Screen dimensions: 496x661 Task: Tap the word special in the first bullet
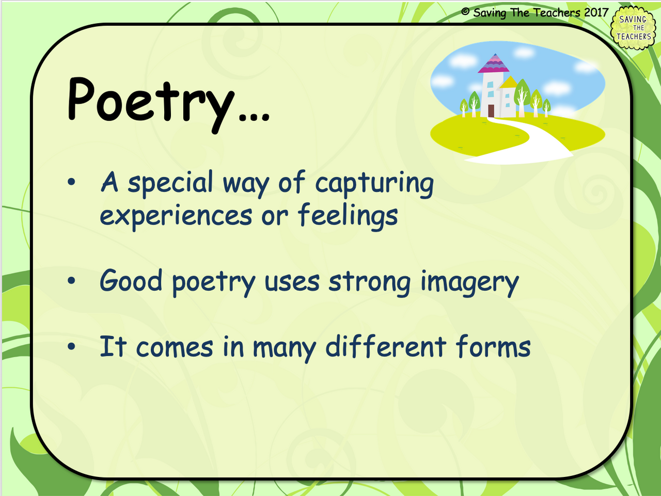[x=170, y=183]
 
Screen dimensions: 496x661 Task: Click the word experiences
[x=176, y=216]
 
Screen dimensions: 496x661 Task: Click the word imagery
[x=469, y=283]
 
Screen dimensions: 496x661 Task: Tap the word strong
[x=369, y=283]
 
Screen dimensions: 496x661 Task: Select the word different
[x=385, y=347]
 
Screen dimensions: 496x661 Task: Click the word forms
[x=493, y=347]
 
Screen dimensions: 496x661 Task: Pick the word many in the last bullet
[x=284, y=348]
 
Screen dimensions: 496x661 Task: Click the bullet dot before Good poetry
[x=72, y=281]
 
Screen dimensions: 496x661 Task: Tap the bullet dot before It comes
[x=72, y=347]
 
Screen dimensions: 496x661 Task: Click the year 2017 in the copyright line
[x=596, y=12]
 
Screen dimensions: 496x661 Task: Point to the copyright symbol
[x=465, y=12]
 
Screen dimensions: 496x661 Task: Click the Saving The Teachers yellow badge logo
[x=634, y=28]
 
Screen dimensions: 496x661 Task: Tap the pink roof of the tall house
[x=494, y=65]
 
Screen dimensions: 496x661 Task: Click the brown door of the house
[x=491, y=110]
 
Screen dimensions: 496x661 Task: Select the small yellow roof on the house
[x=509, y=83]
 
